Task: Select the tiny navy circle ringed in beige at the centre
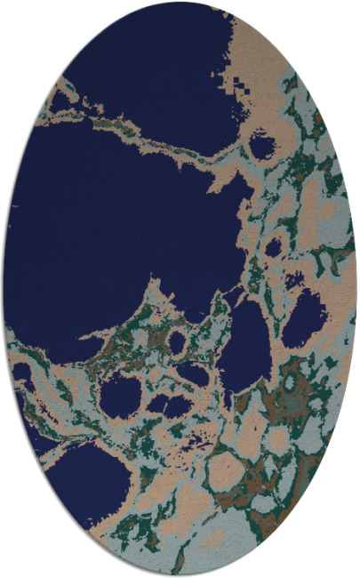[x=177, y=341]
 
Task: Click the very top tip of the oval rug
[x=180, y=3]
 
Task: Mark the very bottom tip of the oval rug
[x=180, y=575]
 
